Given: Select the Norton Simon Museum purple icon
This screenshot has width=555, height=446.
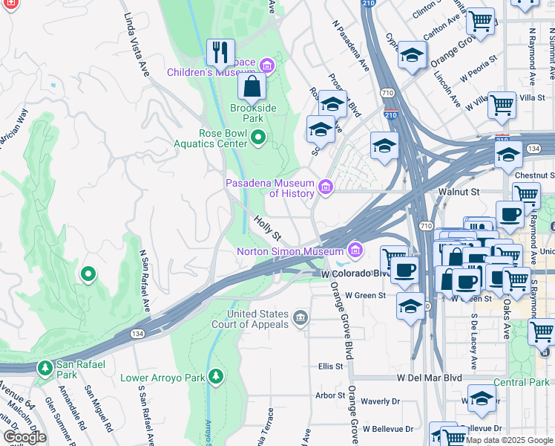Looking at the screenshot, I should [355, 250].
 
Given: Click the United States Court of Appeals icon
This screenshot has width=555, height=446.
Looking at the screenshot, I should [300, 319].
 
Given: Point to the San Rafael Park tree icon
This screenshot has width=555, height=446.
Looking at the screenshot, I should [45, 368].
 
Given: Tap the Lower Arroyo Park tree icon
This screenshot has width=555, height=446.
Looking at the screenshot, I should [216, 377].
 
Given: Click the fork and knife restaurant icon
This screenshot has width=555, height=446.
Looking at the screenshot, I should [220, 52].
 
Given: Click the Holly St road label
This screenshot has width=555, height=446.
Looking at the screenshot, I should [267, 228].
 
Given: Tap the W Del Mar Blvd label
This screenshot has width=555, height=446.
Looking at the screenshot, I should [429, 378].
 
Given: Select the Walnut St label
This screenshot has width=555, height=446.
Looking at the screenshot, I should [459, 192].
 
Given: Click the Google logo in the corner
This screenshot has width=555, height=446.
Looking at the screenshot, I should [24, 436].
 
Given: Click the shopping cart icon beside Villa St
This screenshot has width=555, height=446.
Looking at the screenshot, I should [502, 105].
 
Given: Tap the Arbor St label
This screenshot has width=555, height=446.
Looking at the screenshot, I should [330, 395].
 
